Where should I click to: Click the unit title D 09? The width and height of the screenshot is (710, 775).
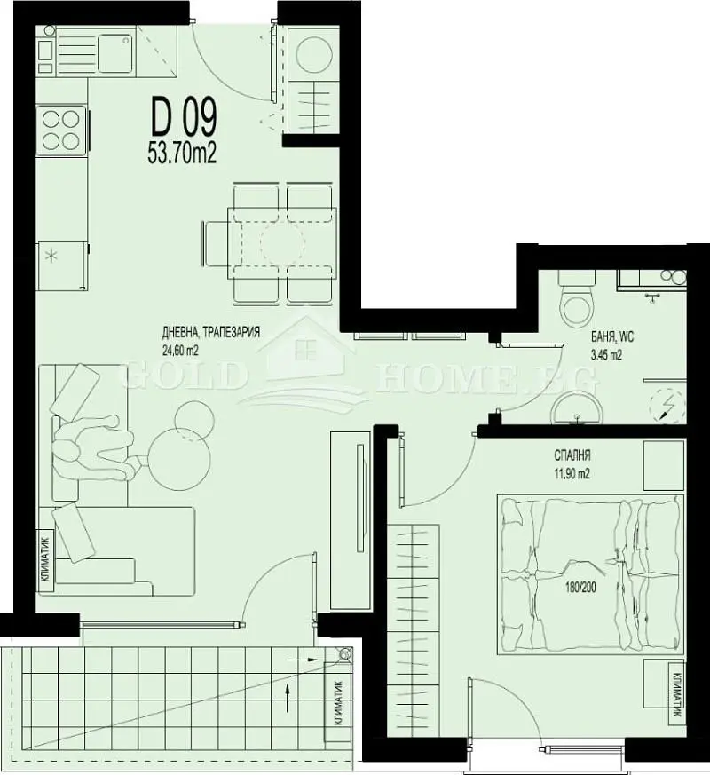tap(184, 119)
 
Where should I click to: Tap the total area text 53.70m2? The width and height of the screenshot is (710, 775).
tap(182, 154)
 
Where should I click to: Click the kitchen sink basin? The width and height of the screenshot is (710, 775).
tap(115, 53)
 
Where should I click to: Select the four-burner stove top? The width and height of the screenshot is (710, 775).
tap(61, 130)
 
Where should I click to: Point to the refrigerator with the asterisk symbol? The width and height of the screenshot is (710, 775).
tap(62, 265)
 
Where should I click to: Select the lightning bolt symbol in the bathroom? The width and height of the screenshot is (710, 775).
tap(667, 406)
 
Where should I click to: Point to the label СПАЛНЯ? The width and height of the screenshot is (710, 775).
tap(572, 455)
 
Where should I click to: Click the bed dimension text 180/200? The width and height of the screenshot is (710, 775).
tap(581, 588)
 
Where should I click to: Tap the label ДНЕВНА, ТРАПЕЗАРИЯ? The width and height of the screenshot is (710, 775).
tap(211, 333)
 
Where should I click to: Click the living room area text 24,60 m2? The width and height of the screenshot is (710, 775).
tap(180, 351)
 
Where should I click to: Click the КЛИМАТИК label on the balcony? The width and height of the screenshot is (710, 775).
tap(338, 703)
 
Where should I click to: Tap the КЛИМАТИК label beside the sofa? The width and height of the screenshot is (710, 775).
tap(45, 561)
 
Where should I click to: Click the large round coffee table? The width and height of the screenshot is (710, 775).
tap(179, 457)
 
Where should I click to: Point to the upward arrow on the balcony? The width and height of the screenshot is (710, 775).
tap(287, 698)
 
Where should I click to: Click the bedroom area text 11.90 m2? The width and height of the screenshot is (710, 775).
tap(572, 474)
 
